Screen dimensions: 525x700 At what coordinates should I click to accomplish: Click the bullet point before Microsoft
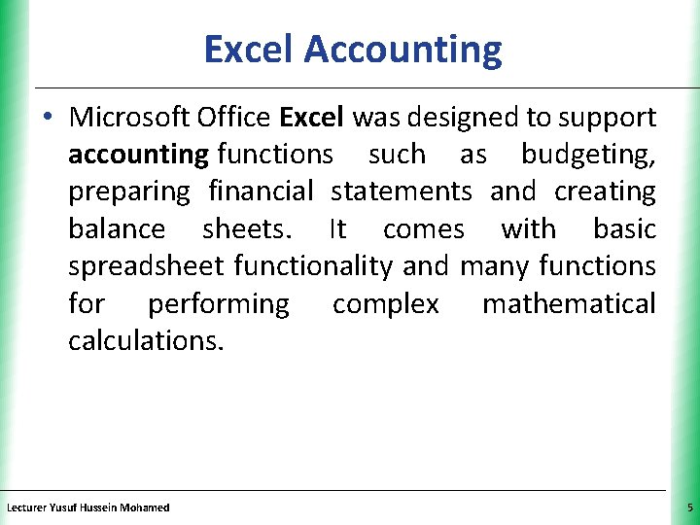48,119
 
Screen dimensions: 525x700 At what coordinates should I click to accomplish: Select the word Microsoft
130,118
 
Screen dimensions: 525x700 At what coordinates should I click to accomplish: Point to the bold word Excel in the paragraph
311,118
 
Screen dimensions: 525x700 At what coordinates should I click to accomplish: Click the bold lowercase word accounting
138,155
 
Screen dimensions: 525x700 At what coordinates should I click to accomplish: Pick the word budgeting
588,155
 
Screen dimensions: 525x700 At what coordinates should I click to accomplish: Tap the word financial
261,192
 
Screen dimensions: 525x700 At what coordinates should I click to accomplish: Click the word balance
117,229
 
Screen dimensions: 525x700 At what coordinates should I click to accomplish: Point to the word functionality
311,266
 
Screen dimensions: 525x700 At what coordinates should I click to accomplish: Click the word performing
218,304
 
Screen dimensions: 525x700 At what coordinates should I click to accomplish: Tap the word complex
385,304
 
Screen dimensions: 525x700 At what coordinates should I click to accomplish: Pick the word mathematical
569,304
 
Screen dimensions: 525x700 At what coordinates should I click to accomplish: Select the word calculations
146,341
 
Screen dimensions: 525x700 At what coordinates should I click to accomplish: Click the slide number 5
688,507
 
